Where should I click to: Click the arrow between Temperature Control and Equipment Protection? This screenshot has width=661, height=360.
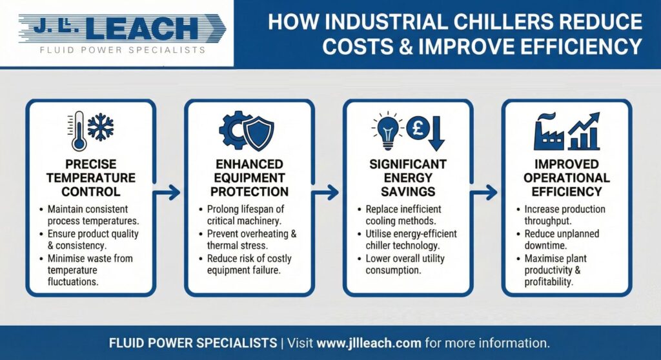170,192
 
